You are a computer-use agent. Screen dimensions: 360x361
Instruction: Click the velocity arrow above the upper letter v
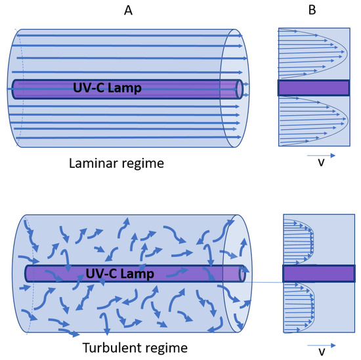[x=321, y=155]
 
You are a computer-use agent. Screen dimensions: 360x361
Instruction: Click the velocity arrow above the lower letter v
[x=321, y=344]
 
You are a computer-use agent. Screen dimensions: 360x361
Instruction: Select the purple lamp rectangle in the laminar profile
[x=313, y=88]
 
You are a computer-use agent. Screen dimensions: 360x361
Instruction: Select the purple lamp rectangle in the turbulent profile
[x=318, y=273]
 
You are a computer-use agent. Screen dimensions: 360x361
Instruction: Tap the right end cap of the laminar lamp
[x=239, y=89]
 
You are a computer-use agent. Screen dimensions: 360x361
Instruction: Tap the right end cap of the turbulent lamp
[x=244, y=273]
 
